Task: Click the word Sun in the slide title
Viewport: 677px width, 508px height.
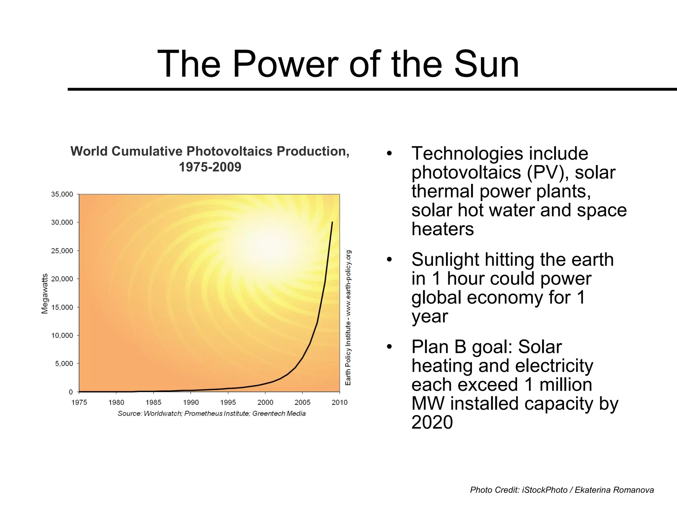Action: point(486,64)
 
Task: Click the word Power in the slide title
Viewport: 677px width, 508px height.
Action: point(285,64)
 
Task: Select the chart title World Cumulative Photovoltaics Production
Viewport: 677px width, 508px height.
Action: point(210,151)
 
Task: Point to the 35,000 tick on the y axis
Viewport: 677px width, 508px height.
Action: point(62,194)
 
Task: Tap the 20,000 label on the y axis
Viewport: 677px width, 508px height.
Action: point(62,279)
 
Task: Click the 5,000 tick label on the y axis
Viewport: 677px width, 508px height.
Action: point(64,363)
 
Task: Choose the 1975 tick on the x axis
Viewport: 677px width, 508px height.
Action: point(79,402)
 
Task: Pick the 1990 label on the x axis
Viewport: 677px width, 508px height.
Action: point(191,402)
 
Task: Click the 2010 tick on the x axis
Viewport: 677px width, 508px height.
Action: point(339,402)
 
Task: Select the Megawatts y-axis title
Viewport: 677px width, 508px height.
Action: point(45,294)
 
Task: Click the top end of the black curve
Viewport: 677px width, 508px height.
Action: point(332,222)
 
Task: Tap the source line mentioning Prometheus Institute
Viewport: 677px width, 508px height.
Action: point(212,413)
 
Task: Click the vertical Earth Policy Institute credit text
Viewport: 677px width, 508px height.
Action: point(348,317)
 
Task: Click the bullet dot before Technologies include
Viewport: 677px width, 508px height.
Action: point(389,154)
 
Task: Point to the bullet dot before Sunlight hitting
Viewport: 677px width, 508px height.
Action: point(389,260)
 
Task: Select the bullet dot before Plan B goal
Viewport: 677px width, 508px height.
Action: point(389,347)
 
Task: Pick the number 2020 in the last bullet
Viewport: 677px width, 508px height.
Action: point(432,422)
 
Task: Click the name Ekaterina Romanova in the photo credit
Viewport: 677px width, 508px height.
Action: point(614,490)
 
